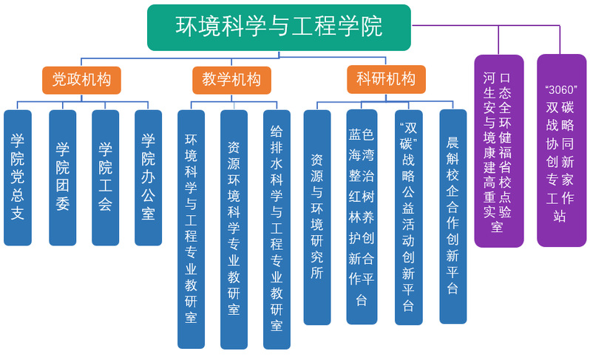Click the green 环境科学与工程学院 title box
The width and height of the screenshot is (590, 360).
pyautogui.click(x=279, y=27)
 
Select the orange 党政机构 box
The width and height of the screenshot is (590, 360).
pyautogui.click(x=81, y=80)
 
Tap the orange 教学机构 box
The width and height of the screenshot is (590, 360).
pyautogui.click(x=231, y=80)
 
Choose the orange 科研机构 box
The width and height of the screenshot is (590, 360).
pyautogui.click(x=386, y=79)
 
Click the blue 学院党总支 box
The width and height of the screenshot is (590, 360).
pyautogui.click(x=18, y=177)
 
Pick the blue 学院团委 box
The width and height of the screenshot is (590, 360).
pyautogui.click(x=62, y=177)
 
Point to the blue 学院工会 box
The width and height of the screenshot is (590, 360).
pyautogui.click(x=105, y=177)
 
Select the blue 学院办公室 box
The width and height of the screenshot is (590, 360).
pyautogui.click(x=148, y=177)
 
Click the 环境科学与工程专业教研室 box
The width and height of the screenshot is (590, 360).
pyautogui.click(x=191, y=229)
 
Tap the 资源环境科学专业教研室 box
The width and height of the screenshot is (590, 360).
pyautogui.click(x=234, y=229)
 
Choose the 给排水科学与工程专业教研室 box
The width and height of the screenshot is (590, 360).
pyautogui.click(x=277, y=229)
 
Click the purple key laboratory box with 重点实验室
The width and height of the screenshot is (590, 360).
pyautogui.click(x=498, y=151)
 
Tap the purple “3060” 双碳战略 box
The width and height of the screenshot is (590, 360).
pyautogui.click(x=561, y=151)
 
